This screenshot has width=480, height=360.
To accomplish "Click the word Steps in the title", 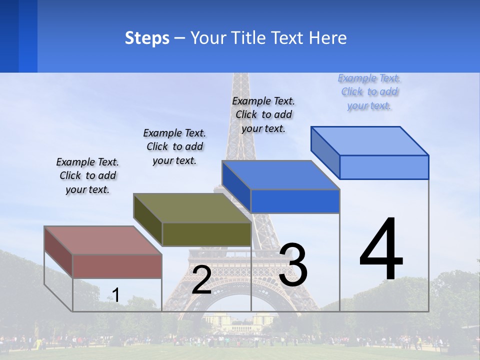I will [147, 38].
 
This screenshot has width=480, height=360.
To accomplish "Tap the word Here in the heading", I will [327, 38].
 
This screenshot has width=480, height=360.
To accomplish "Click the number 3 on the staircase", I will [293, 264].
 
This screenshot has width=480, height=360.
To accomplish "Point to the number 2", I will [201, 280].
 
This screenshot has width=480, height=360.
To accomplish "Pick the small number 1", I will [115, 295].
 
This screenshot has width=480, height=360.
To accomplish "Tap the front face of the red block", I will [117, 266].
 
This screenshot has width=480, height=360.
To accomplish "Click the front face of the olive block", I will [206, 234].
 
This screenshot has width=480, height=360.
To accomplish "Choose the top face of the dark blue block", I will [280, 175].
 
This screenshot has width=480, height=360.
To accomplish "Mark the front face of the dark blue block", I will [295, 201].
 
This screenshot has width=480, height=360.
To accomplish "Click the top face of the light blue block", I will [369, 141].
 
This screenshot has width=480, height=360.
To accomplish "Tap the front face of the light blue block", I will [384, 167].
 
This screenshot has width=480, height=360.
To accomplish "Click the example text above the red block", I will [87, 176].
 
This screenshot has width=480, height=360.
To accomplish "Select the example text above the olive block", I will [174, 146].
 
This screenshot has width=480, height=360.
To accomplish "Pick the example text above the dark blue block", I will [263, 114].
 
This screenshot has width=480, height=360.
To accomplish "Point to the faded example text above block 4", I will [369, 92].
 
